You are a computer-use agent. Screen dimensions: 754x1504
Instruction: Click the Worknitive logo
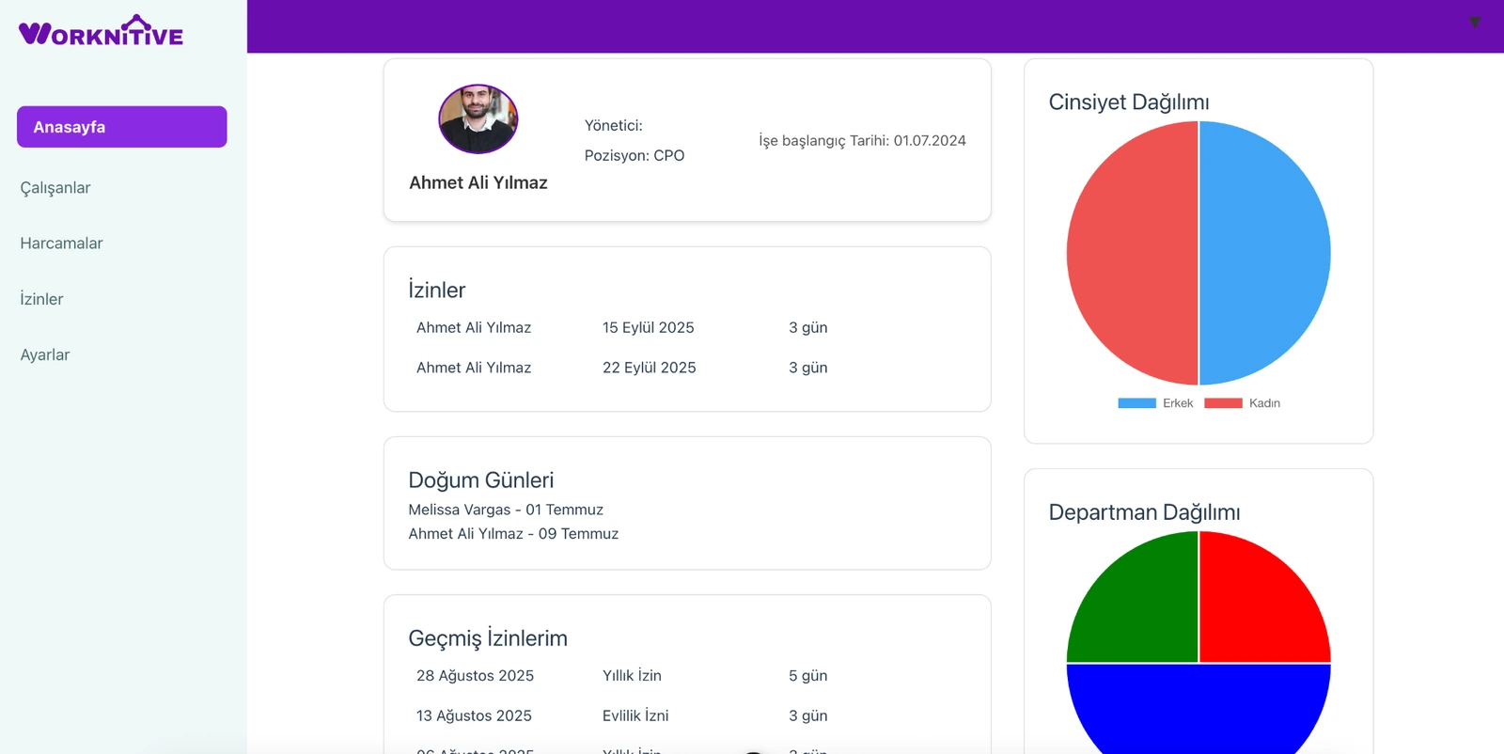tap(101, 33)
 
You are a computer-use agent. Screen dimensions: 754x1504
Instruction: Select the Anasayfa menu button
tap(121, 127)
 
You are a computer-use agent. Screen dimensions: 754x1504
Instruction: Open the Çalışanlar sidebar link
tap(55, 188)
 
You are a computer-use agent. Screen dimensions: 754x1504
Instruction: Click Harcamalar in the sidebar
tap(61, 243)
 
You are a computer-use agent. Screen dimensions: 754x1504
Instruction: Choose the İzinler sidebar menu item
tap(41, 299)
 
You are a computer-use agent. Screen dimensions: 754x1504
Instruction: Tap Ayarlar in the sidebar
tap(45, 355)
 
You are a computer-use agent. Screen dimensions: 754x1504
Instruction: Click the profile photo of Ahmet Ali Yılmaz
tap(478, 119)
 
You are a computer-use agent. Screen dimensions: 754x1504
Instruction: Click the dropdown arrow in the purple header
tap(1475, 22)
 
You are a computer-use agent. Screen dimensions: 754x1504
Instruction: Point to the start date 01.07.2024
tap(929, 141)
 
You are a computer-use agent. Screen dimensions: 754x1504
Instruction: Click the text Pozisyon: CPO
tap(634, 156)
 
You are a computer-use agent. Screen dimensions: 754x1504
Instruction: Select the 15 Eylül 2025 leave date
tap(648, 328)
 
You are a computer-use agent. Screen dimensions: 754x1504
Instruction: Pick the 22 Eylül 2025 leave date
tap(649, 368)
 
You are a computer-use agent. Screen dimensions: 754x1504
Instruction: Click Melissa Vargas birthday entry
tap(506, 510)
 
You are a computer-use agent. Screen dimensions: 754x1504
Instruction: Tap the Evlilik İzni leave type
tap(635, 715)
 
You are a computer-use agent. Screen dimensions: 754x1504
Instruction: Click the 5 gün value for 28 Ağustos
tap(807, 676)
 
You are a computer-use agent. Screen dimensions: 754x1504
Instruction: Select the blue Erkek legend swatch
tap(1136, 403)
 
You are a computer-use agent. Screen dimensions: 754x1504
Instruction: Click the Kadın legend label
tap(1264, 403)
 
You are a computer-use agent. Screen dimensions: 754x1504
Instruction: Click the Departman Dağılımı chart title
tap(1144, 512)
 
